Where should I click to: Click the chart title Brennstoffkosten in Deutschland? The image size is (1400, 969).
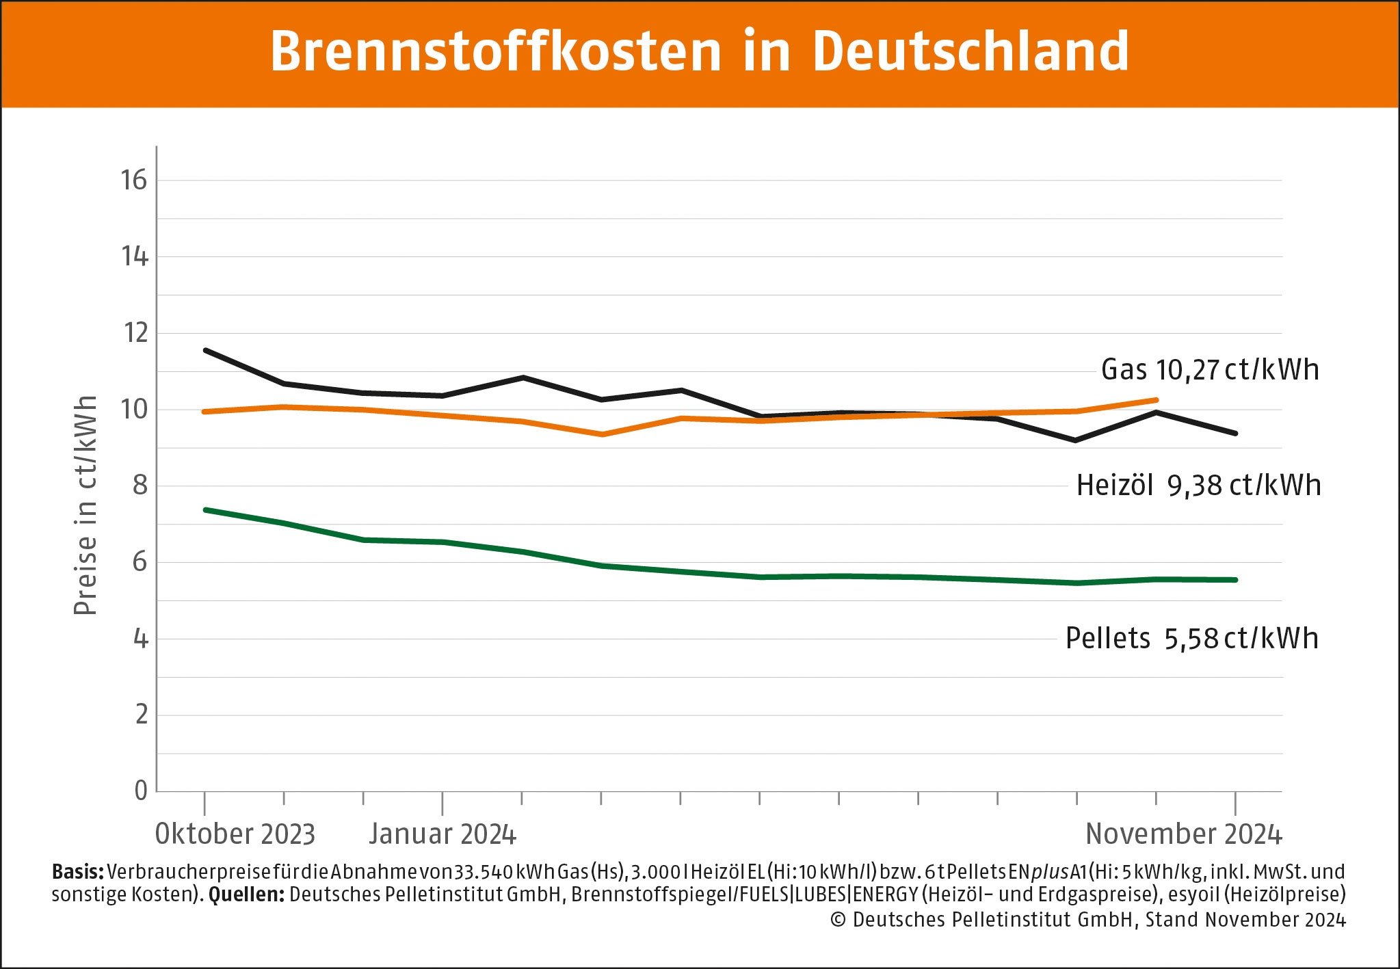point(699,51)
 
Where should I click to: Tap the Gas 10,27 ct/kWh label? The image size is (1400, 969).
point(1209,370)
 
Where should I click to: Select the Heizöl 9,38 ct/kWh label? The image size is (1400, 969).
point(1198,486)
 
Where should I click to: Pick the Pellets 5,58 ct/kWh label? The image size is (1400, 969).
point(1191,639)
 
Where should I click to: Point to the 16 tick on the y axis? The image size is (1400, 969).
point(134,181)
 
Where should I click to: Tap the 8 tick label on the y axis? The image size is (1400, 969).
point(140,486)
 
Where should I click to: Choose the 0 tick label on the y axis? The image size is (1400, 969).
point(141,791)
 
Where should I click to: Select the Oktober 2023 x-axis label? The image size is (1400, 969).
point(235,834)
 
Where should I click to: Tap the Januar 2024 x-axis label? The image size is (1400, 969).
point(443,834)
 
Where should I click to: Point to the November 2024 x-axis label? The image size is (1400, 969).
point(1183,834)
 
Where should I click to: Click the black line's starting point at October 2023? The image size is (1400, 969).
point(205,350)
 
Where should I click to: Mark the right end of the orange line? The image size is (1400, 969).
point(1156,400)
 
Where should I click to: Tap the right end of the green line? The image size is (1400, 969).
point(1235,580)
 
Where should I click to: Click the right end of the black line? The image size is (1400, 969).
point(1235,434)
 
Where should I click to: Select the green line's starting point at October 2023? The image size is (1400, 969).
point(205,510)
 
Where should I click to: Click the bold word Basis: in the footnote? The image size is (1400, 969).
point(77,872)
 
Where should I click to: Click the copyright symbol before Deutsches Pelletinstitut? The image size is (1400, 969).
point(838,920)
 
